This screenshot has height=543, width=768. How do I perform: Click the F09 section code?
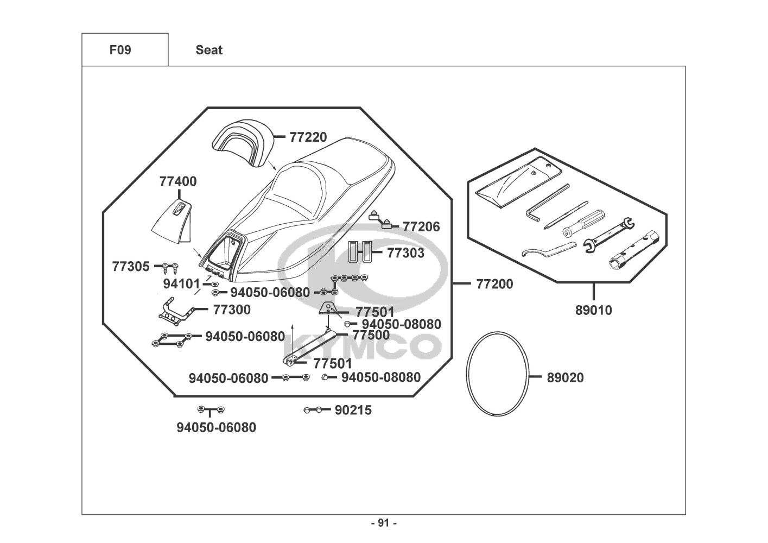[120, 50]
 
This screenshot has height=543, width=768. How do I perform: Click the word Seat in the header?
[209, 50]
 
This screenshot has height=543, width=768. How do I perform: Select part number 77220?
[308, 137]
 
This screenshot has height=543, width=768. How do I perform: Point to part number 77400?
[178, 181]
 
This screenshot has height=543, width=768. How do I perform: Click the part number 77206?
[421, 226]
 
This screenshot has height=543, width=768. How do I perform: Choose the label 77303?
[405, 253]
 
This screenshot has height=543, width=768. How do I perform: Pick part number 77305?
[130, 267]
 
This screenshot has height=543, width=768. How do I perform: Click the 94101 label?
[181, 284]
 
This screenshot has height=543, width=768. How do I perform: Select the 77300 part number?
[232, 310]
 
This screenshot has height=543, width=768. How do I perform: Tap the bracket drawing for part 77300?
[176, 309]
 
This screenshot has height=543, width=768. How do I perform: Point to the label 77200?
[494, 284]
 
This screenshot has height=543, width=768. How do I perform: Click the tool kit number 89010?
[593, 311]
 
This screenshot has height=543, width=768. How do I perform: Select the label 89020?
[566, 377]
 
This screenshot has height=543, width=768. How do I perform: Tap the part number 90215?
[353, 411]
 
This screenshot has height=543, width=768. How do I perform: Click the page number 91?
[384, 523]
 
